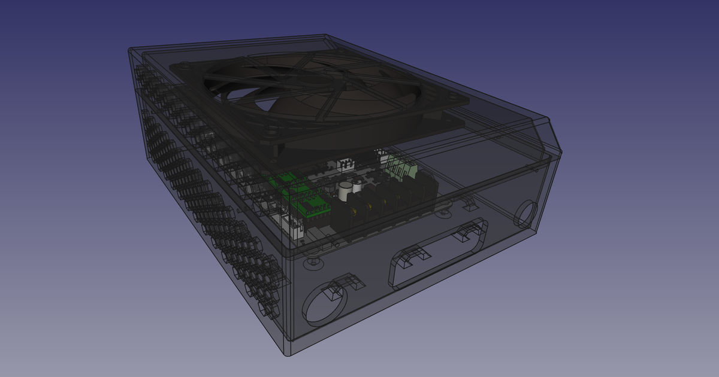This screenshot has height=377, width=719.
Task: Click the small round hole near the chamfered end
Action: tap(526, 214)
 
